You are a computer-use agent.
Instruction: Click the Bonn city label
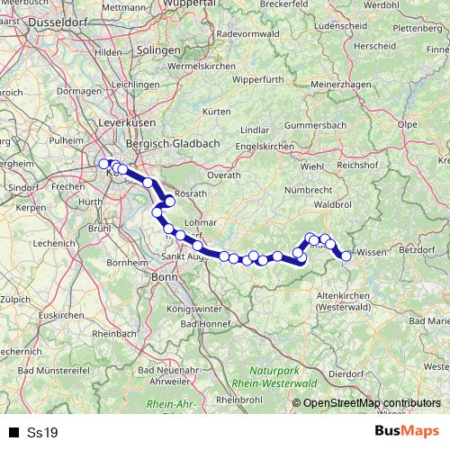[164, 277]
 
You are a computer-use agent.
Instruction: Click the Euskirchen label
[60, 314]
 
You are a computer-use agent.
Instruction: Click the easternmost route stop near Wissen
[346, 256]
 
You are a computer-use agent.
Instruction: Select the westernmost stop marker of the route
[103, 163]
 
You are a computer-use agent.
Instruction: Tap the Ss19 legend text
[42, 433]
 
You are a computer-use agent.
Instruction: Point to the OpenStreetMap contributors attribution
[373, 403]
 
